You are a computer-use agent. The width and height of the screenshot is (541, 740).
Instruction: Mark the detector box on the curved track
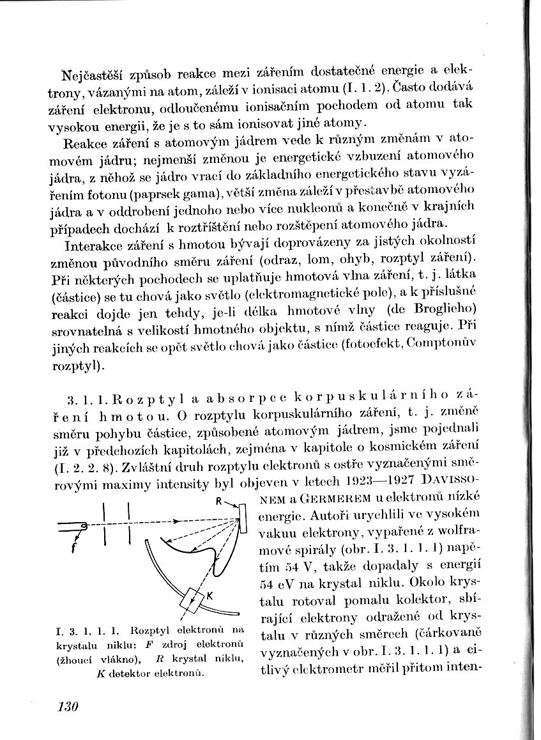(x=190, y=599)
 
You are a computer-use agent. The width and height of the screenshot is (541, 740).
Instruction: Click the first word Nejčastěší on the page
(x=98, y=72)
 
